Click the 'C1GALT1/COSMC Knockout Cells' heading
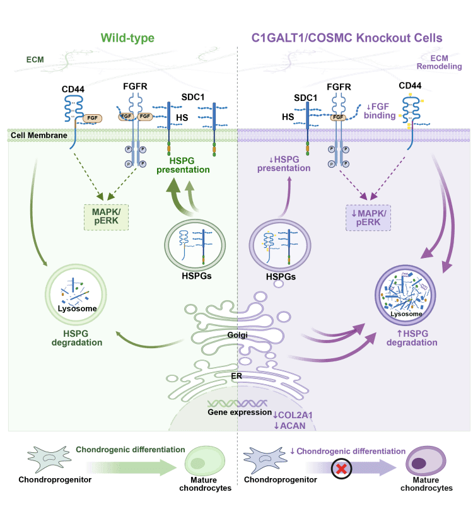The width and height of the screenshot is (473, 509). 347,38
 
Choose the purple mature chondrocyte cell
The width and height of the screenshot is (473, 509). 425,463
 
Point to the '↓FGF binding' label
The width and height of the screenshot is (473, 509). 378,111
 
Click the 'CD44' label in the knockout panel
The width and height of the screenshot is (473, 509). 411,85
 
